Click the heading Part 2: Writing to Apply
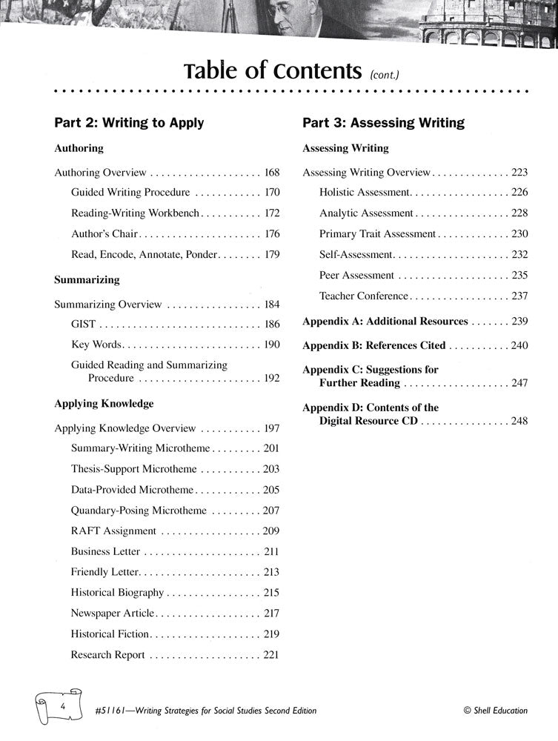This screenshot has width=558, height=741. [x=129, y=122]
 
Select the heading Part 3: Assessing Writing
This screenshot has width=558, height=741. [x=383, y=122]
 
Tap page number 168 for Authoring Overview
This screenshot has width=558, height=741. [x=271, y=173]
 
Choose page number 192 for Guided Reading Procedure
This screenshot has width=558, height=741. [x=271, y=378]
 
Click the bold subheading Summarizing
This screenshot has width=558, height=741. [x=87, y=281]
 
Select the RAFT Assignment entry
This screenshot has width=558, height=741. [x=113, y=531]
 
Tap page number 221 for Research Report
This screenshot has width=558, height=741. [x=271, y=655]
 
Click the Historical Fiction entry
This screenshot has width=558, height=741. [x=110, y=634]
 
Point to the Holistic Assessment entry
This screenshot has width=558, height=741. [x=364, y=193]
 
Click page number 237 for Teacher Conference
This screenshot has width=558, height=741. [x=519, y=296]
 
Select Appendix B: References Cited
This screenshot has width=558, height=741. [x=374, y=345]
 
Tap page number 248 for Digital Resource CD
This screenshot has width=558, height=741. [x=519, y=421]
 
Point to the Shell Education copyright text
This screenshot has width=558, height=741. [x=495, y=710]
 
